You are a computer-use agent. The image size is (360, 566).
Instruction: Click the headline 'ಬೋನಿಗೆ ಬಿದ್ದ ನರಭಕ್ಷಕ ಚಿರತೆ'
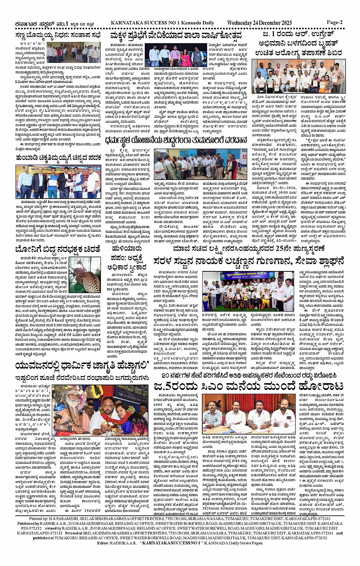pyautogui.click(x=58, y=249)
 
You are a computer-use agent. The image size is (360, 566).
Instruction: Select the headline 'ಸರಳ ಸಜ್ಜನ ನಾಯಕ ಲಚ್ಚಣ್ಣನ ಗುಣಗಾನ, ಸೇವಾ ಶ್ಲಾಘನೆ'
pyautogui.click(x=248, y=262)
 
